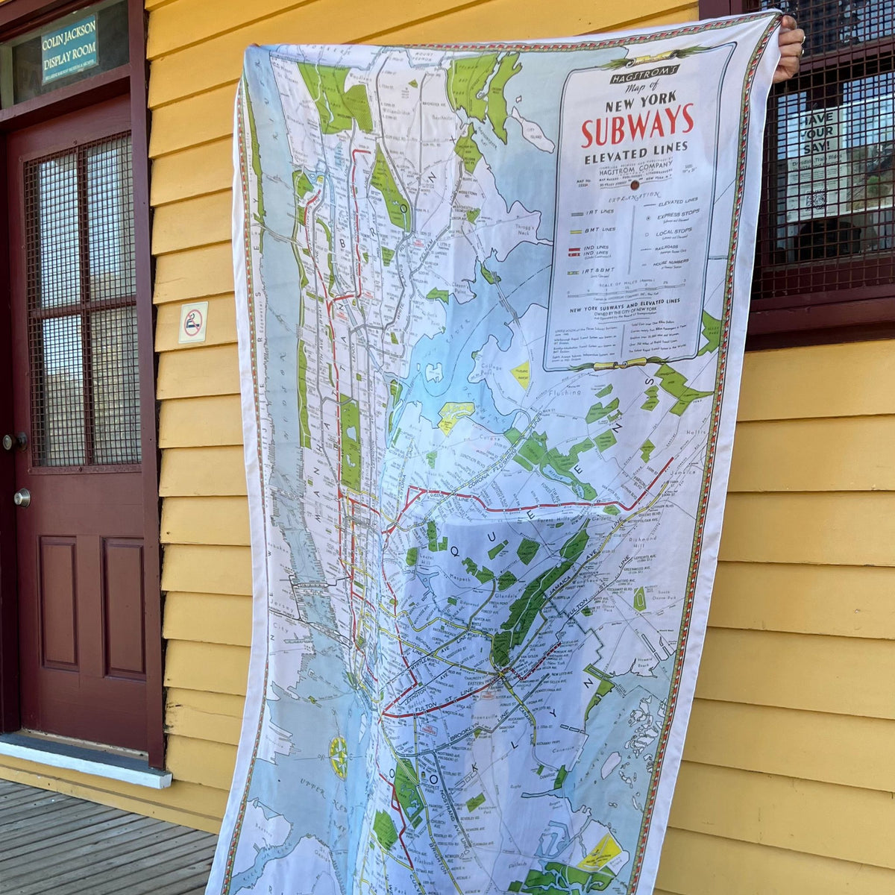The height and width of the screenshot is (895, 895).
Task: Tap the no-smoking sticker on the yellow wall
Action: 193,322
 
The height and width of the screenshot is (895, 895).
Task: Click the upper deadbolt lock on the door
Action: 13,442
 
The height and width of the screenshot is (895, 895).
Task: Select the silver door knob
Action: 22,497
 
